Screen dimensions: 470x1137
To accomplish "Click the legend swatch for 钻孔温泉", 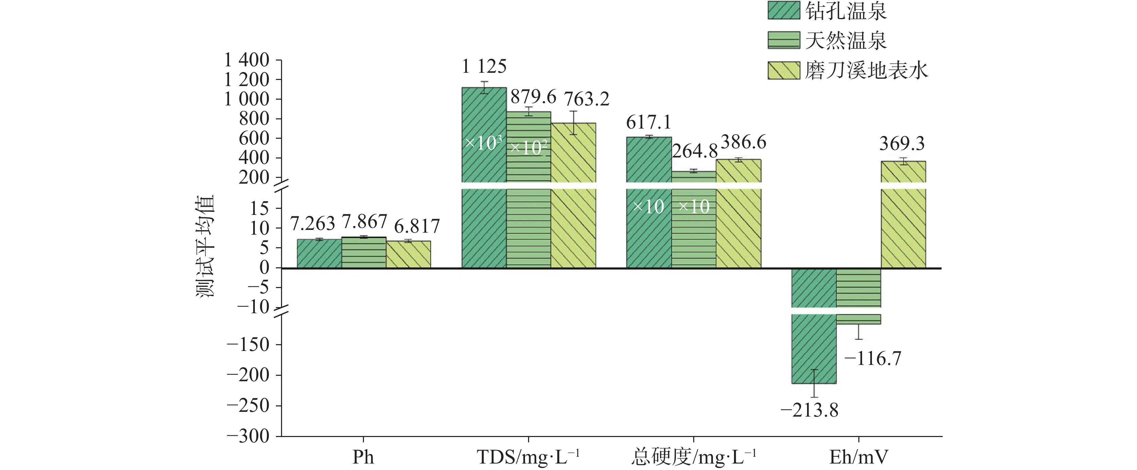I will pyautogui.click(x=784, y=11).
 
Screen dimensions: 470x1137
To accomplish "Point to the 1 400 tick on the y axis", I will pyautogui.click(x=247, y=60).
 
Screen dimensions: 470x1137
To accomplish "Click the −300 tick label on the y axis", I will pyautogui.click(x=248, y=436).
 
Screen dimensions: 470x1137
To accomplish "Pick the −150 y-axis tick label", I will pyautogui.click(x=248, y=345).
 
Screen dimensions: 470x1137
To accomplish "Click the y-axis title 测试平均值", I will pyautogui.click(x=205, y=246).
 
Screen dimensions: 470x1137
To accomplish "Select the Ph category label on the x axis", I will pyautogui.click(x=363, y=457).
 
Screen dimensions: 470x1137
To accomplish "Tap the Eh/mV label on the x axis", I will pyautogui.click(x=858, y=457).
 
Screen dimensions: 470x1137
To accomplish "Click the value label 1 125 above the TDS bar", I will pyautogui.click(x=484, y=67).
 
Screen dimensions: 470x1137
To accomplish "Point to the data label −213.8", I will pyautogui.click(x=809, y=410).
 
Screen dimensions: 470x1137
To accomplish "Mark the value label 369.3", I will pyautogui.click(x=902, y=144).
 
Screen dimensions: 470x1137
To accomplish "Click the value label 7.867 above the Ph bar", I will pyautogui.click(x=365, y=222).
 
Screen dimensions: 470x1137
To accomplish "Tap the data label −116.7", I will pyautogui.click(x=873, y=358).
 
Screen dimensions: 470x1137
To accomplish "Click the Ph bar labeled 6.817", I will pyautogui.click(x=408, y=254).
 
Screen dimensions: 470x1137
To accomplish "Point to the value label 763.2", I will pyautogui.click(x=587, y=99).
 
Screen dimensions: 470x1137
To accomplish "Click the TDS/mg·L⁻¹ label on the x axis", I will pyautogui.click(x=528, y=457).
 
